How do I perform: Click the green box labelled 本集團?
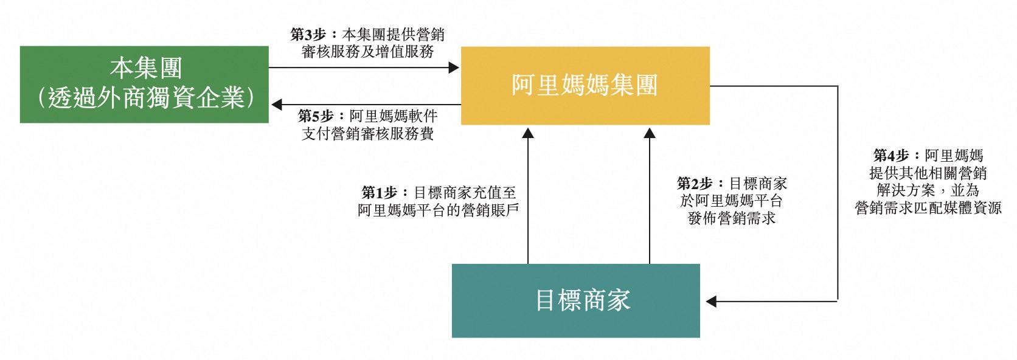pyautogui.click(x=144, y=84)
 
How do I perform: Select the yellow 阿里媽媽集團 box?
pyautogui.click(x=585, y=86)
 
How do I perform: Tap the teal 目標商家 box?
pyautogui.click(x=575, y=300)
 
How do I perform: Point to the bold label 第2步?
pyautogui.click(x=695, y=183)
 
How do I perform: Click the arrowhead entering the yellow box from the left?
pyautogui.click(x=453, y=67)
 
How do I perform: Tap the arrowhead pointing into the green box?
pyautogui.click(x=277, y=105)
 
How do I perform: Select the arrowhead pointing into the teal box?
pyautogui.click(x=710, y=301)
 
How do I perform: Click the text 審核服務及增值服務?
pyautogui.click(x=367, y=52)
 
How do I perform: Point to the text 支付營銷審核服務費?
pyautogui.click(x=367, y=133)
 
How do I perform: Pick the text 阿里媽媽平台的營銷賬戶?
pyautogui.click(x=438, y=210)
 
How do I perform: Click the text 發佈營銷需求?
pyautogui.click(x=732, y=218)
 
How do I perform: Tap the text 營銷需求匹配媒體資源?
pyautogui.click(x=928, y=209)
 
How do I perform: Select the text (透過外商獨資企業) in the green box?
pyautogui.click(x=144, y=98)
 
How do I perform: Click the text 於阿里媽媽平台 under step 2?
pyautogui.click(x=732, y=201)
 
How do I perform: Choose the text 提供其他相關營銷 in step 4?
pyautogui.click(x=928, y=173)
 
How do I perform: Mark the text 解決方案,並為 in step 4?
pyautogui.click(x=928, y=190)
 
